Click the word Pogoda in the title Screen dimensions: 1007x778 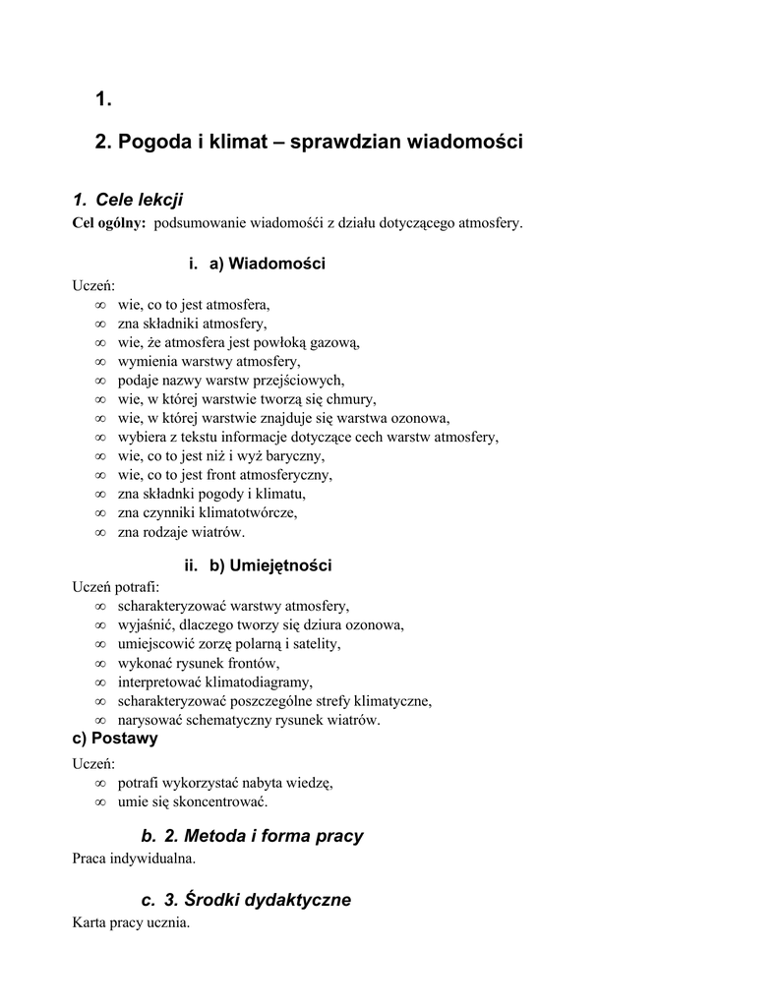[x=154, y=143]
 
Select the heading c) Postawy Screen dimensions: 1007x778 [x=115, y=739]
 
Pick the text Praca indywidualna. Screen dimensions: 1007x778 [x=134, y=859]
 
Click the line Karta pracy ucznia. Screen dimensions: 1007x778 [x=131, y=923]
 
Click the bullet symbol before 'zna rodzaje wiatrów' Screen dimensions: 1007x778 [x=100, y=532]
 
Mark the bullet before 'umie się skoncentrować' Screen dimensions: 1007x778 [x=100, y=802]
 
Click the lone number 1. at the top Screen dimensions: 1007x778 [x=103, y=98]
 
